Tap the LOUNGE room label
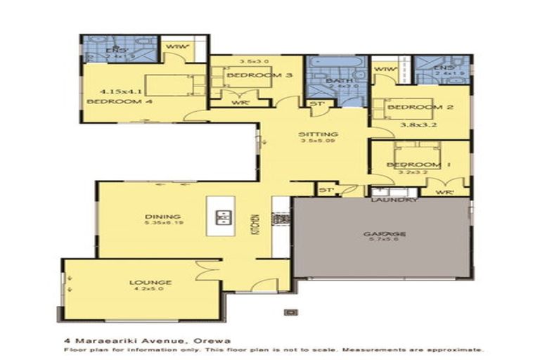[150, 283]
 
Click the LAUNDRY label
[395, 200]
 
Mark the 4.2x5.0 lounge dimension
[150, 291]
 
